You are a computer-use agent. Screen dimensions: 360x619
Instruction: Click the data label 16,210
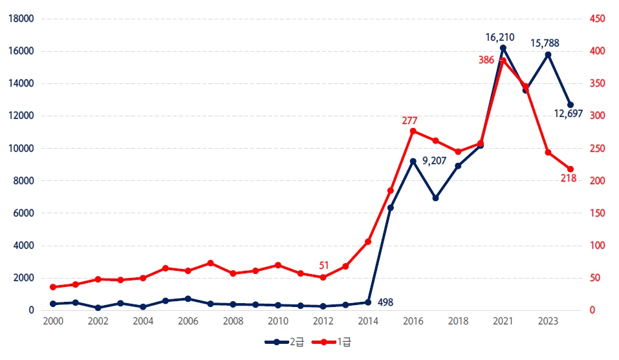[500, 37]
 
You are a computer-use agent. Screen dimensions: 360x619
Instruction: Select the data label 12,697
[569, 114]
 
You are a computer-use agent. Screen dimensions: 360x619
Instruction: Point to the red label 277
[409, 120]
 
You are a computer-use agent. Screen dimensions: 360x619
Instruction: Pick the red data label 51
[324, 265]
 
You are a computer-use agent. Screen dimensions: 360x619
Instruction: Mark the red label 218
[569, 178]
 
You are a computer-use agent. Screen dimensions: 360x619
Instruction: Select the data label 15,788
[545, 43]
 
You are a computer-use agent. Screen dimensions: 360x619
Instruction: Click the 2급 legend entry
[285, 341]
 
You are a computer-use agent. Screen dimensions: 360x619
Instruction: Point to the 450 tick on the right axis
[597, 19]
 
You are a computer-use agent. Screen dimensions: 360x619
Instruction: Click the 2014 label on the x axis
[368, 321]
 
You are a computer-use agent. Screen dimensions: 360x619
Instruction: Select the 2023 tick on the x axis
[548, 321]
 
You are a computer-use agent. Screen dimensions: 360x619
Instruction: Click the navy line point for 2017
[435, 198]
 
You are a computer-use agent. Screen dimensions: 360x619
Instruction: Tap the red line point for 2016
[413, 131]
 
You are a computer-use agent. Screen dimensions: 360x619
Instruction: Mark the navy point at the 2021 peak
[503, 48]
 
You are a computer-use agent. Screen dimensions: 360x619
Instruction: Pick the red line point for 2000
[53, 287]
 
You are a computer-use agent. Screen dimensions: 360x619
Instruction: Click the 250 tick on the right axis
[597, 149]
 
